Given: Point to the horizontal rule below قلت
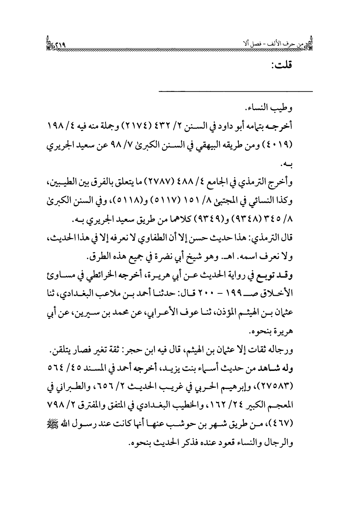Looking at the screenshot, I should click(x=235, y=91).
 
